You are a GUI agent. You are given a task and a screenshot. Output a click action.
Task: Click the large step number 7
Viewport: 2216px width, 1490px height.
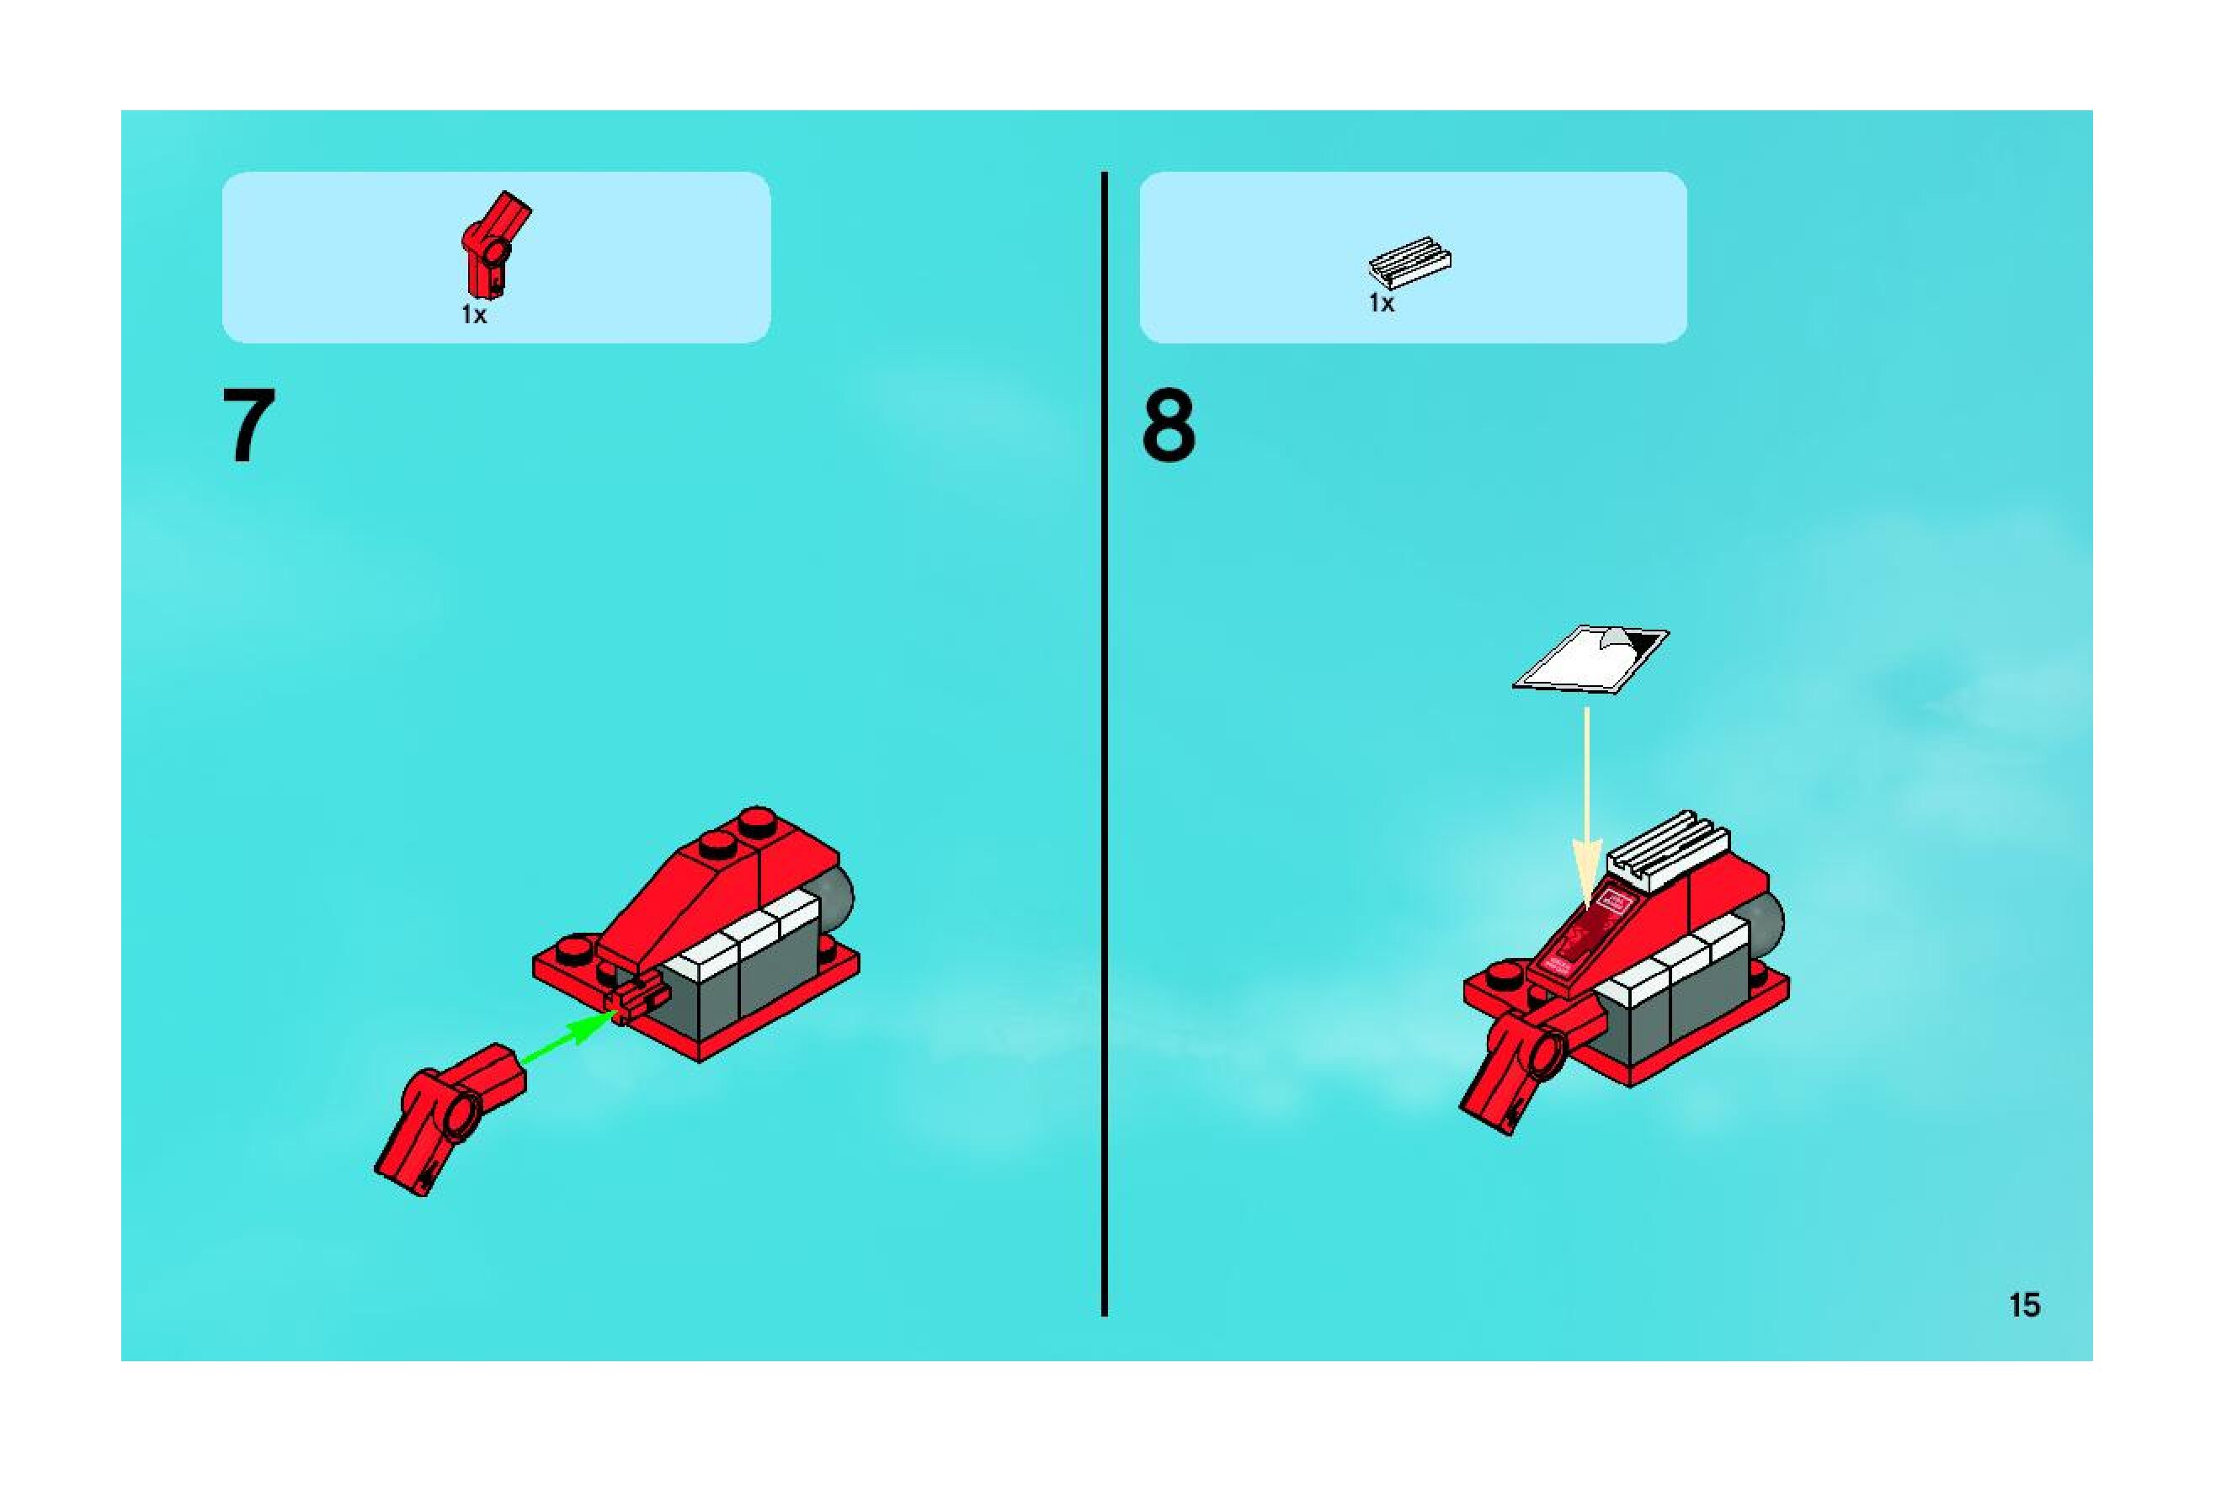tap(249, 425)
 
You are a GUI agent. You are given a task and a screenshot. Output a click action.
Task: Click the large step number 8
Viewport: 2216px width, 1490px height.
tap(1168, 427)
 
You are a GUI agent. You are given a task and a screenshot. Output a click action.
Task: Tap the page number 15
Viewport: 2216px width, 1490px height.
tap(2024, 1305)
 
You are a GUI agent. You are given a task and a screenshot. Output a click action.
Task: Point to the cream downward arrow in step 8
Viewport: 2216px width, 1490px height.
tap(1586, 808)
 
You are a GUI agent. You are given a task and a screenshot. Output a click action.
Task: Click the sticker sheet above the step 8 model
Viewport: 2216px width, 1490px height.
tap(1590, 658)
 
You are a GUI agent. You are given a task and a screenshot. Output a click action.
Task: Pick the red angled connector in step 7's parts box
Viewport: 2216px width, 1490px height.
tap(494, 244)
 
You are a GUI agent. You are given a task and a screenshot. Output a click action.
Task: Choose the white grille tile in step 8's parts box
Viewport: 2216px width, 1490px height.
tap(1409, 261)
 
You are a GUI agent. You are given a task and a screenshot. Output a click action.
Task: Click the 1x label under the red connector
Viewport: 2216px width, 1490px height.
tap(474, 315)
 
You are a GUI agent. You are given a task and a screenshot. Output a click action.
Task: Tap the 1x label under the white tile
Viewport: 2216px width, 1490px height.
tap(1381, 303)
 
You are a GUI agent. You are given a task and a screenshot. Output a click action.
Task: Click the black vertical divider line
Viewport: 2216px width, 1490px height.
tap(1103, 744)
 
